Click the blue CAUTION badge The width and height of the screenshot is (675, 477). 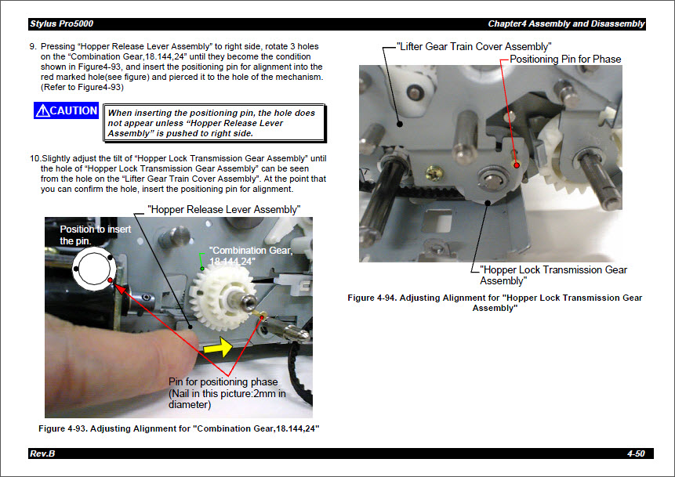coord(67,111)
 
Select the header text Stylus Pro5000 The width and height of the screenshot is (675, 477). coord(60,23)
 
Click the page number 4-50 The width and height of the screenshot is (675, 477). coord(635,454)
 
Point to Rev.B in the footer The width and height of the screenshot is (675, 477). coord(42,454)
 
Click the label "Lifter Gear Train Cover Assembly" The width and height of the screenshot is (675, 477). coord(474,47)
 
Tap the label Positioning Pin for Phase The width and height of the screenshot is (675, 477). coord(564,60)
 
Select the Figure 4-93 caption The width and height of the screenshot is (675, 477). coord(179,428)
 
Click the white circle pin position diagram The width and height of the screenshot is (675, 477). coord(93,270)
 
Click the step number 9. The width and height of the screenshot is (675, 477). coord(33,47)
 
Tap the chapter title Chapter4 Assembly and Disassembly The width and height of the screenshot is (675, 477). coord(566,23)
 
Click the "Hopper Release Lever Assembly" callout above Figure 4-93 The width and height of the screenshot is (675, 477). coord(224,209)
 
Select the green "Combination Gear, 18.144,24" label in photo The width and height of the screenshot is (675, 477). coord(249,255)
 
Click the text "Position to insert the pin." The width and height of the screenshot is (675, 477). coord(96,235)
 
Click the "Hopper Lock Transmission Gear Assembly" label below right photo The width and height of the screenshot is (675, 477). coord(553,275)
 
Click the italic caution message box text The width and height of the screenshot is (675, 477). coord(212,123)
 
